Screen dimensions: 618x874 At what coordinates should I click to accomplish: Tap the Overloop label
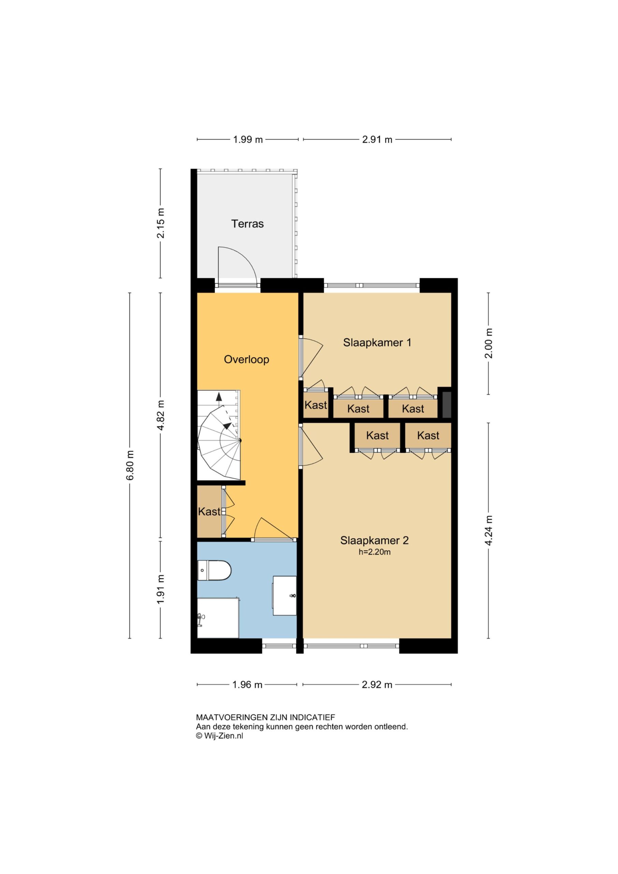(246, 360)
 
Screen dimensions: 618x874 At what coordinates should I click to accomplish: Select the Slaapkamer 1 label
(377, 342)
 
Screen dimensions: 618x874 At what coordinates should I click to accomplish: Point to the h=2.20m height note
(374, 552)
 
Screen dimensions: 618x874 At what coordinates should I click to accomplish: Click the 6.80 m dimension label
(130, 465)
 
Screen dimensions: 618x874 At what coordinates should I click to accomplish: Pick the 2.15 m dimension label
(161, 223)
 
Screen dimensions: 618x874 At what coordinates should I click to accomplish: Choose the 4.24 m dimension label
(489, 530)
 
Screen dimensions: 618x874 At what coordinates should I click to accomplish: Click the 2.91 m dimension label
(377, 140)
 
